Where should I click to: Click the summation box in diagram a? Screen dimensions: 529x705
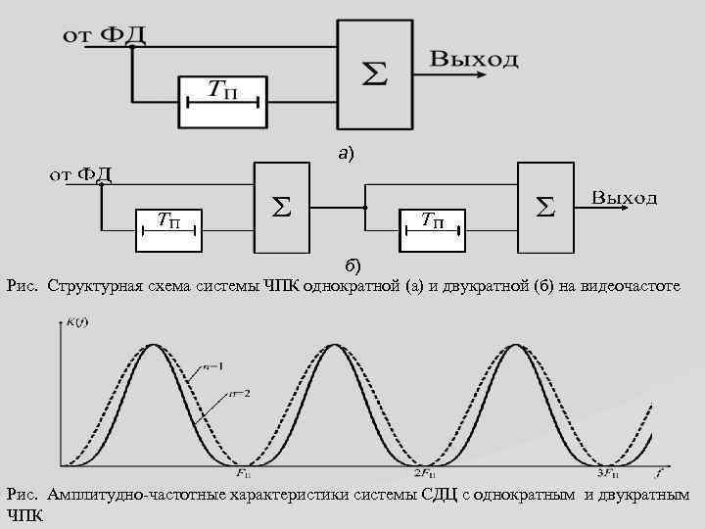(375, 73)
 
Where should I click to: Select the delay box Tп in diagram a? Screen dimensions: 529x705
(222, 99)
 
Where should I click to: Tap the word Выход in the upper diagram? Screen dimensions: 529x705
(475, 59)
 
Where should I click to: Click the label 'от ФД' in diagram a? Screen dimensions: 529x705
(106, 35)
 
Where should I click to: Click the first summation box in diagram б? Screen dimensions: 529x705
(283, 207)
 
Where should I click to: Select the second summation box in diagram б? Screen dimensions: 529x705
(546, 207)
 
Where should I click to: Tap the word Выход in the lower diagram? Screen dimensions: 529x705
(624, 198)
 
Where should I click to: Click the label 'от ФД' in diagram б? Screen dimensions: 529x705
(81, 175)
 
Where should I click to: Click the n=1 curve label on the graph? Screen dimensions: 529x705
(214, 367)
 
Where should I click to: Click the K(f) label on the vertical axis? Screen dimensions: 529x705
(77, 321)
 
